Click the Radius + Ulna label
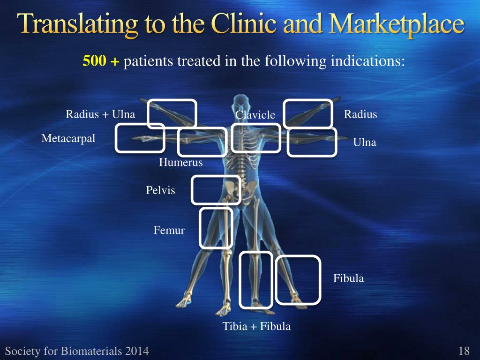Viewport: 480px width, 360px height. pyautogui.click(x=100, y=114)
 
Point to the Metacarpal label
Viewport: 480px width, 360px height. pyautogui.click(x=68, y=139)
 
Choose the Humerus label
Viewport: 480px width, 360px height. pyautogui.click(x=181, y=163)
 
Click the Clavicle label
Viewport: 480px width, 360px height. pyautogui.click(x=255, y=115)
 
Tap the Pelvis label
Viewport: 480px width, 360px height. pyautogui.click(x=160, y=190)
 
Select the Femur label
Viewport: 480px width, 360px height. pyautogui.click(x=169, y=231)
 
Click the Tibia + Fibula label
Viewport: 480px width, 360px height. pyautogui.click(x=256, y=327)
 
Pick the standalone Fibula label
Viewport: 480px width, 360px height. pyautogui.click(x=348, y=278)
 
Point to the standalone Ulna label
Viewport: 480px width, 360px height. pyautogui.click(x=365, y=142)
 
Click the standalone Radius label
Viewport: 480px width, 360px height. pyautogui.click(x=360, y=114)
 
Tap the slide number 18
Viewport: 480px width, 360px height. pyautogui.click(x=464, y=351)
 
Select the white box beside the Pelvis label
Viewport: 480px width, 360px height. pyautogui.click(x=216, y=190)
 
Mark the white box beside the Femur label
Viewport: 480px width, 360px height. pyautogui.click(x=216, y=228)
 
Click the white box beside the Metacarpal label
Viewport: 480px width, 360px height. pyautogui.click(x=140, y=138)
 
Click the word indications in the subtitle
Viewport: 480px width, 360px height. pyautogui.click(x=368, y=61)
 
